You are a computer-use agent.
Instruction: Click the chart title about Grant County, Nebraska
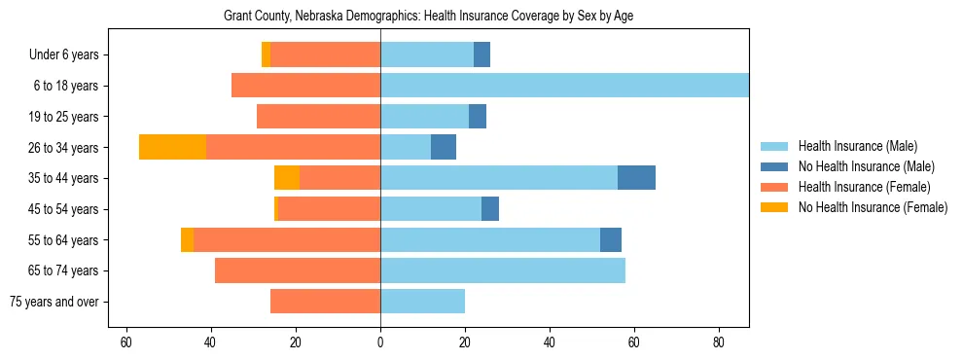click(428, 17)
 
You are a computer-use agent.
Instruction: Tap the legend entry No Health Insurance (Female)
click(873, 207)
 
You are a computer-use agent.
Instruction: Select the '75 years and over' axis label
click(54, 302)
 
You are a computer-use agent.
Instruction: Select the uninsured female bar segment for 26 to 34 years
click(172, 147)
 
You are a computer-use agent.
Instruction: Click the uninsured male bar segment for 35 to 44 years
click(636, 178)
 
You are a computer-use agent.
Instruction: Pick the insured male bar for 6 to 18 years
click(564, 86)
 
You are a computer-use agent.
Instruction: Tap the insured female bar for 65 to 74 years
click(298, 270)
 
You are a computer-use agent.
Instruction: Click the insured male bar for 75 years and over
click(422, 302)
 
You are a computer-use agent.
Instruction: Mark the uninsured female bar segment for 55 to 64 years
click(187, 239)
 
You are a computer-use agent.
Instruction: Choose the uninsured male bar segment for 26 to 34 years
click(444, 147)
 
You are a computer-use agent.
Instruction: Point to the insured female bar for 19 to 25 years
click(318, 117)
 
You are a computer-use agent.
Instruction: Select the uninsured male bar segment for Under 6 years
click(481, 54)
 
